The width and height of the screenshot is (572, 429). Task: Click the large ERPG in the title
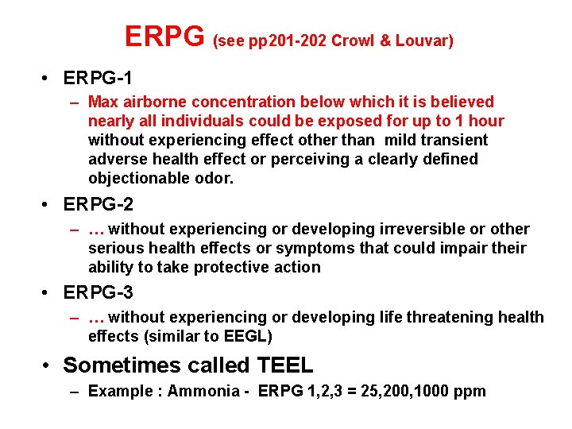[165, 36]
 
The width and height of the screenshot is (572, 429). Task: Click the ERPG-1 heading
[98, 78]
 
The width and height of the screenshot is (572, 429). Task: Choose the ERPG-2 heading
[98, 205]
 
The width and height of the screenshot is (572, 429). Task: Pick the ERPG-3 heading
[98, 293]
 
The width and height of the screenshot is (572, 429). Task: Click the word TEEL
[285, 365]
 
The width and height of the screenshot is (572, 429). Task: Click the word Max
[102, 102]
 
